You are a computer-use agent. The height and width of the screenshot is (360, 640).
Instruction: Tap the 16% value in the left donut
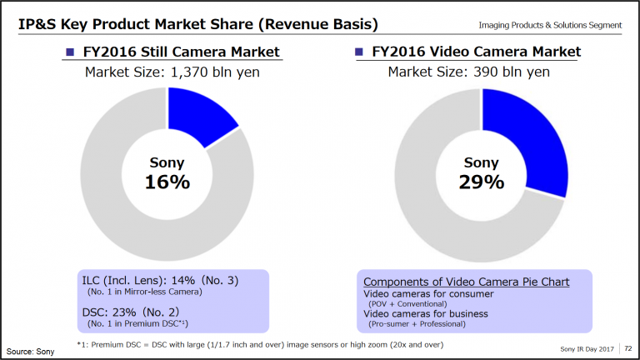click(x=167, y=182)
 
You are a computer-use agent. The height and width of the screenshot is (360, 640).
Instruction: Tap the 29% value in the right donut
click(x=482, y=182)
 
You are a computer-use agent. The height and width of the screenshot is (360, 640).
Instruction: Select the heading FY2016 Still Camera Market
click(x=179, y=52)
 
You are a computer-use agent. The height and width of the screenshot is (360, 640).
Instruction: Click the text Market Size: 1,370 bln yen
click(x=171, y=72)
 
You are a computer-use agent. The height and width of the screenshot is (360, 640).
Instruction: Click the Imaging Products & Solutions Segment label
click(x=550, y=24)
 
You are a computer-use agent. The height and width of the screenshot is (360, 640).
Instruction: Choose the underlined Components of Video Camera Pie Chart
click(x=467, y=282)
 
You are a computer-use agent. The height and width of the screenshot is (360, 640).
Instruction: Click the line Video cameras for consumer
click(x=428, y=294)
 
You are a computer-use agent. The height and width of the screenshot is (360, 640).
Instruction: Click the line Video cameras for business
click(x=425, y=314)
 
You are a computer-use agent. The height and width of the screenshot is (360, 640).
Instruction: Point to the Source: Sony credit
click(x=31, y=351)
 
